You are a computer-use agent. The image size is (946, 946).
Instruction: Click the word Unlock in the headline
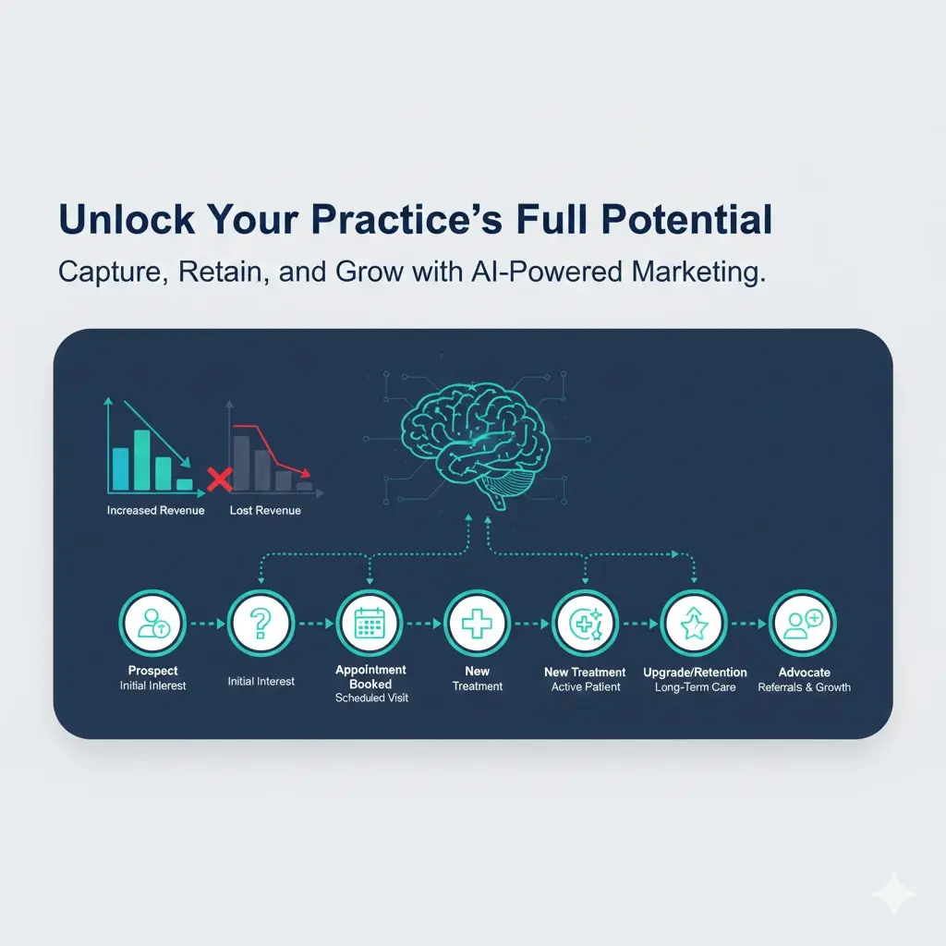(x=127, y=219)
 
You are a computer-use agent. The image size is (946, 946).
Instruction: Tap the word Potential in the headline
(x=686, y=219)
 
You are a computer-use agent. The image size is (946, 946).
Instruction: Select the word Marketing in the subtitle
(x=698, y=273)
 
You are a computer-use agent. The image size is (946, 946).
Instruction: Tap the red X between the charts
(x=220, y=479)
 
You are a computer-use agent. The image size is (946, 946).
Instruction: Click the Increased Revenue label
(x=155, y=510)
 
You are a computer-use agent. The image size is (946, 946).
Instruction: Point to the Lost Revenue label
(x=265, y=510)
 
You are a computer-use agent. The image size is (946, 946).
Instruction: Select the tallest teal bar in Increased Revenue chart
(x=141, y=460)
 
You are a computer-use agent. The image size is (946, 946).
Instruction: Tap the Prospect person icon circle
(x=152, y=624)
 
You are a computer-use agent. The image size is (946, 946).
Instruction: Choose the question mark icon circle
(x=261, y=624)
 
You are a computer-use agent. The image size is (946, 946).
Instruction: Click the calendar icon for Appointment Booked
(x=370, y=624)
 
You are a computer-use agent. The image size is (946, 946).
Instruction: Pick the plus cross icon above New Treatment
(x=478, y=624)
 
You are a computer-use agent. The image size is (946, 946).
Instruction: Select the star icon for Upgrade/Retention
(x=694, y=624)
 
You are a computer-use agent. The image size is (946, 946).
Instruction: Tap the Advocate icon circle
(x=803, y=624)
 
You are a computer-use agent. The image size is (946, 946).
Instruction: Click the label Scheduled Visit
(x=371, y=698)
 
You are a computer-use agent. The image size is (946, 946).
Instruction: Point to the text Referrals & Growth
(x=805, y=687)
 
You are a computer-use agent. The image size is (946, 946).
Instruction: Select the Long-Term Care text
(x=695, y=687)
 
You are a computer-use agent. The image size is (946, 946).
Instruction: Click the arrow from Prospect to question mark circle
(x=208, y=624)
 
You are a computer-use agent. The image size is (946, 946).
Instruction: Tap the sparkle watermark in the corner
(x=893, y=893)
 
